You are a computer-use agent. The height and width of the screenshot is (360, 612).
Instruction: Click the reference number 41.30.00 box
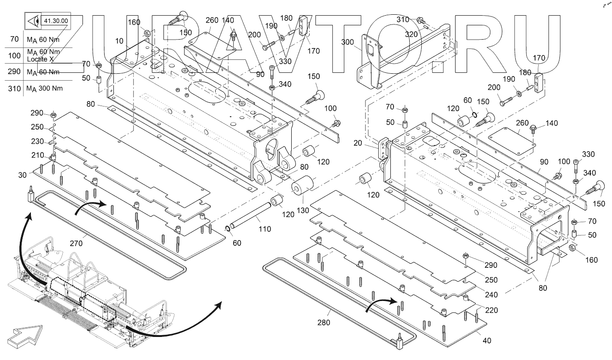[x=55, y=21]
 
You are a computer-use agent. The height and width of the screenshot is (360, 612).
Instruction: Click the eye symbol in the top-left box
[x=32, y=21]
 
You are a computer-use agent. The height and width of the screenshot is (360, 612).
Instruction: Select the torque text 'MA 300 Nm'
[x=45, y=89]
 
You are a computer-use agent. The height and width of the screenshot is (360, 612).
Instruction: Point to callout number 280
[x=324, y=323]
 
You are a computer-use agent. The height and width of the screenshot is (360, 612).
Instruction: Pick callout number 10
[x=119, y=41]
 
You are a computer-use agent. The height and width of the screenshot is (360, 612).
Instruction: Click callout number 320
[x=412, y=34]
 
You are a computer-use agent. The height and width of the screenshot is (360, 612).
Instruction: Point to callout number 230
[x=37, y=142]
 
